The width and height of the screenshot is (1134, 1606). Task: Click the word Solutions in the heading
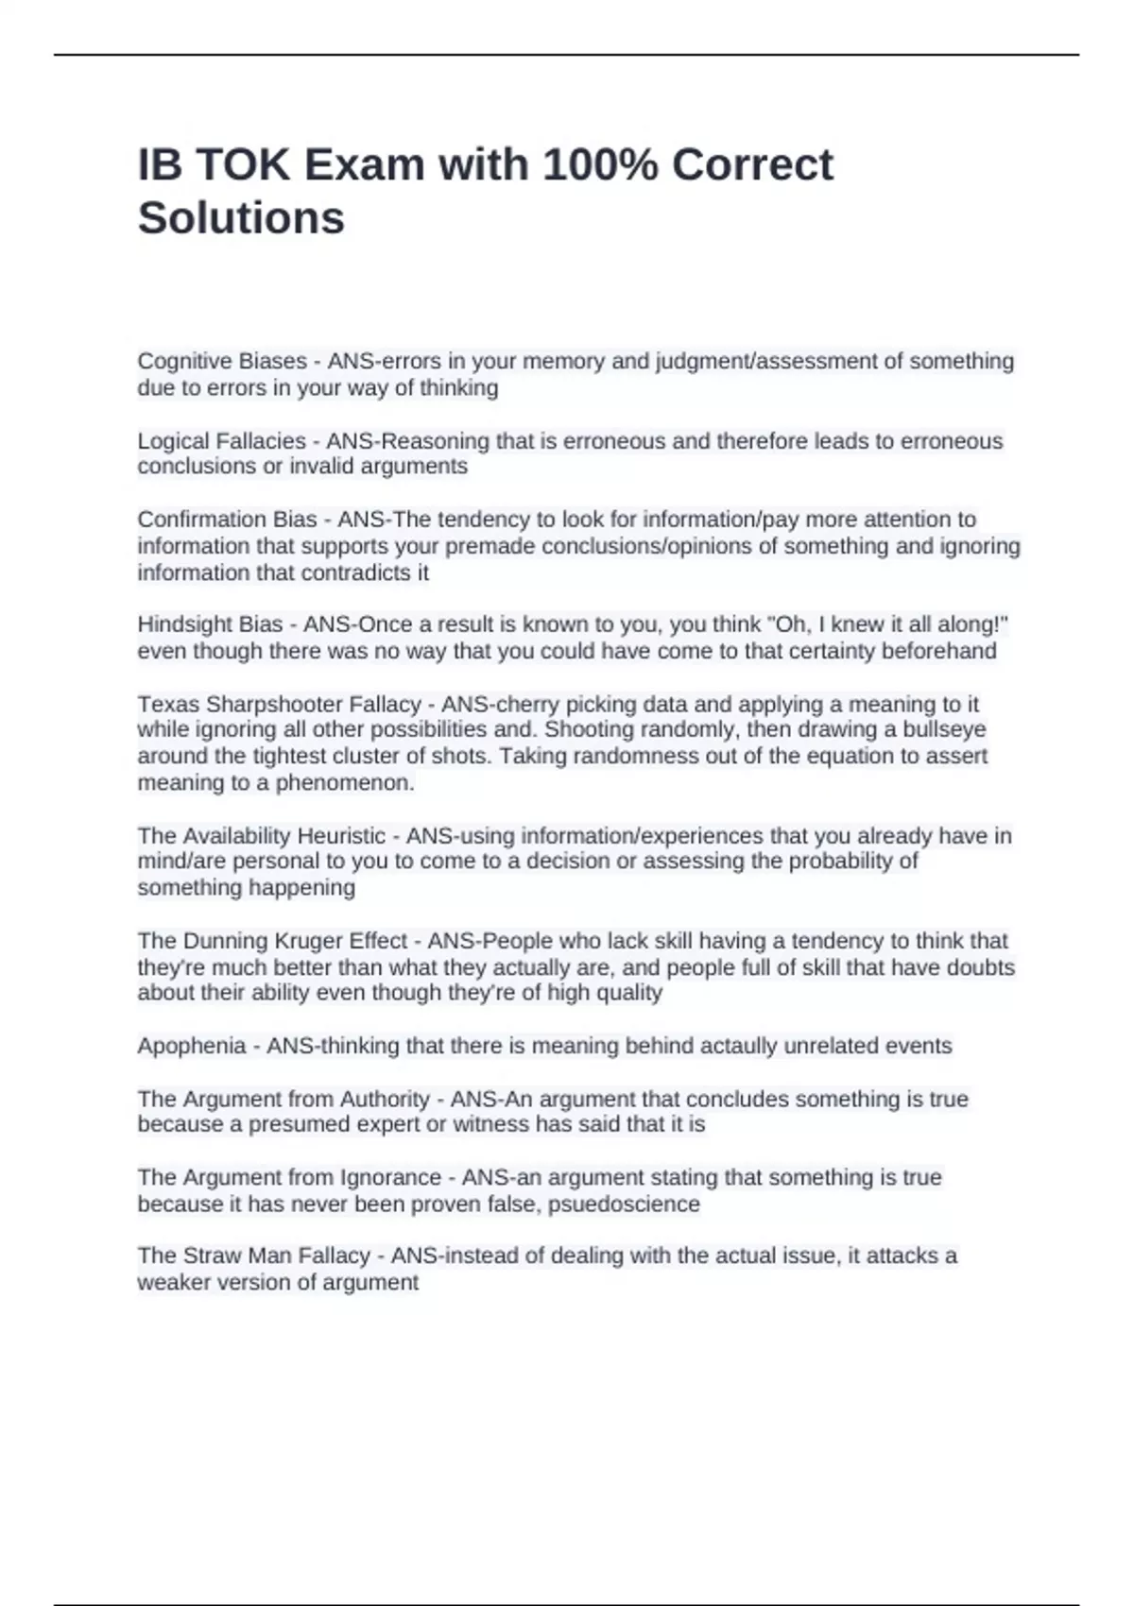pyautogui.click(x=241, y=218)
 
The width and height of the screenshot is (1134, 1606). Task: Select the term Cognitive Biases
pyautogui.click(x=222, y=361)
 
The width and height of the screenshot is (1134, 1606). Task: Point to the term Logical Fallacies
pyautogui.click(x=222, y=441)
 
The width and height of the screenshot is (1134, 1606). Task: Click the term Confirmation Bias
pyautogui.click(x=227, y=520)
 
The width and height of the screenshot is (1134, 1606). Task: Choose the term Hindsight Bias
pyautogui.click(x=210, y=624)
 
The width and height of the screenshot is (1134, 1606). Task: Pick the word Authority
pyautogui.click(x=385, y=1099)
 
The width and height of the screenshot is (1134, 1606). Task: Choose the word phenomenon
pyautogui.click(x=345, y=783)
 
